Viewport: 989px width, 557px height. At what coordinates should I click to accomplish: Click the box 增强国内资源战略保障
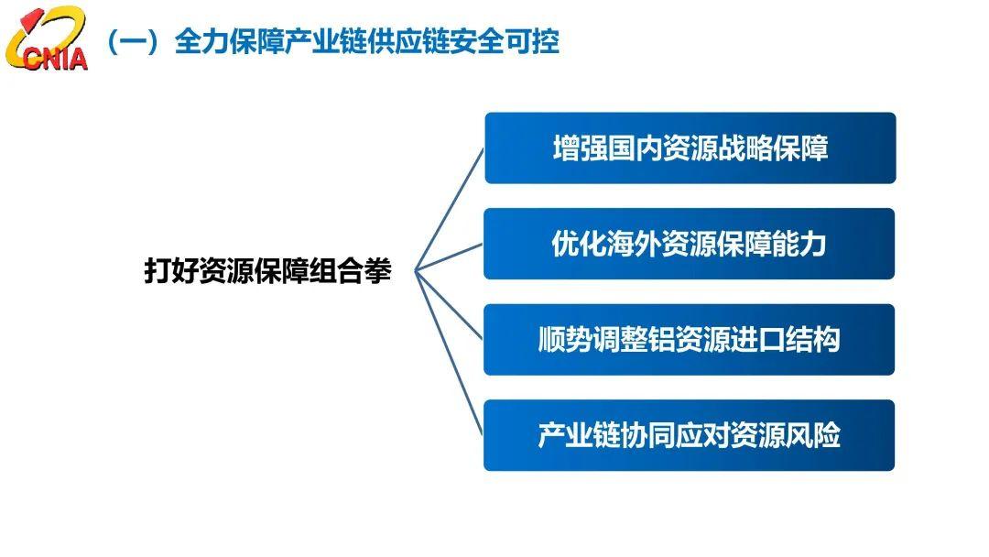(690, 148)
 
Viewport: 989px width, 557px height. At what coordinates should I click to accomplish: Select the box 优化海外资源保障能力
(689, 244)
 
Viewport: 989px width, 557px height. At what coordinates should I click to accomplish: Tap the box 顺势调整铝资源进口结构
(689, 339)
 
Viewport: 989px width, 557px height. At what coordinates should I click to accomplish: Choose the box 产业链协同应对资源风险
(689, 435)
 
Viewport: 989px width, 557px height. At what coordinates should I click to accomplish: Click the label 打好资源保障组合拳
(268, 270)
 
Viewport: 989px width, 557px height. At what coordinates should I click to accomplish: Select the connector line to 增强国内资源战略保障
(449, 210)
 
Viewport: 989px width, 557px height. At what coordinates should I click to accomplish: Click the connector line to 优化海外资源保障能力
(449, 257)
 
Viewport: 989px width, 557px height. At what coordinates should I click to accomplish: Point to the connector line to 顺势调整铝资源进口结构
(449, 305)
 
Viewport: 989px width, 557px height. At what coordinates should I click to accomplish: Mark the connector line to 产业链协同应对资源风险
(449, 353)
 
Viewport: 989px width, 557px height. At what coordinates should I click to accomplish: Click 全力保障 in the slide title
(229, 41)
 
